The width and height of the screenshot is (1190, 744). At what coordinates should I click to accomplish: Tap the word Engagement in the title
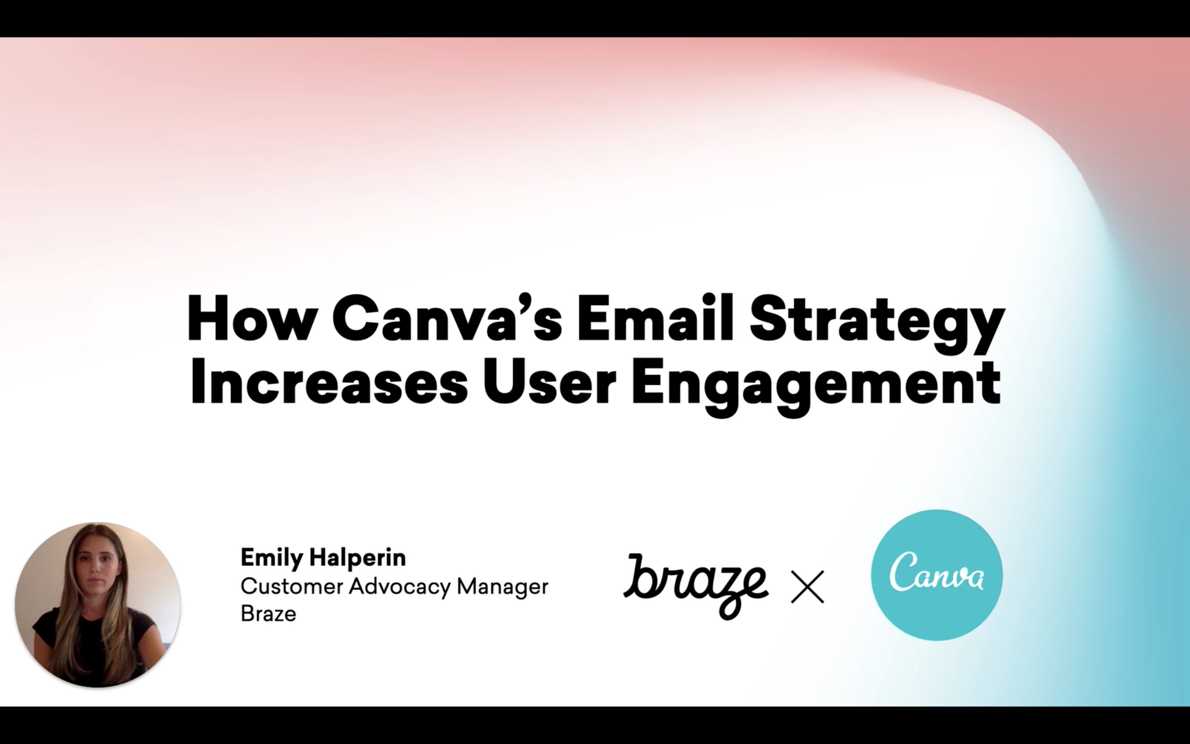[x=816, y=387]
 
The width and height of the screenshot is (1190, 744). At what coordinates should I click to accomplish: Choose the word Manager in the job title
[x=502, y=587]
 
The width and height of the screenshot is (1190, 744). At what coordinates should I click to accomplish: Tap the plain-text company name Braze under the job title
[x=269, y=614]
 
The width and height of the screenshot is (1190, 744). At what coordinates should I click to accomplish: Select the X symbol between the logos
[x=807, y=587]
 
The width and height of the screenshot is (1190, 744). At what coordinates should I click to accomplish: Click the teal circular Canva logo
[x=937, y=575]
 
